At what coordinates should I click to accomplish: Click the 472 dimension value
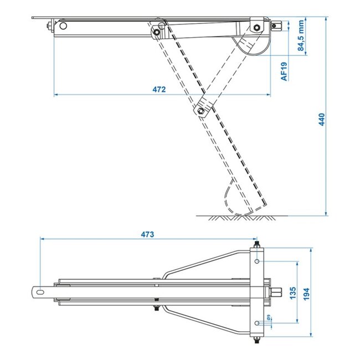point(159,90)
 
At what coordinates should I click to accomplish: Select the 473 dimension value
point(146,234)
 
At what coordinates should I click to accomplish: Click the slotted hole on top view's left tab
point(40,290)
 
